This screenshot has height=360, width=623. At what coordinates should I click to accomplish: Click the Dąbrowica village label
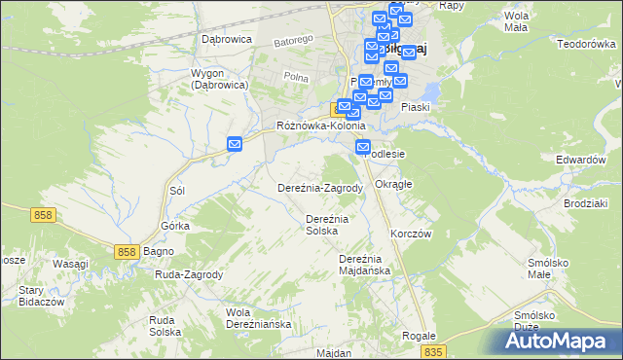point(227,39)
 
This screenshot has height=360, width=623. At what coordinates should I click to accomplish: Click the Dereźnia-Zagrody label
point(320,188)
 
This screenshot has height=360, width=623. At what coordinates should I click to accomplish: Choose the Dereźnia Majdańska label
point(364,265)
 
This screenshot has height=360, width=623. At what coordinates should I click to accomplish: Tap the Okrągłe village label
point(394,183)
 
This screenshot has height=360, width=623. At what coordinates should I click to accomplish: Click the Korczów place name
point(411,234)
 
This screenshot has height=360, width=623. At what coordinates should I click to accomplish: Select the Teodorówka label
point(588,44)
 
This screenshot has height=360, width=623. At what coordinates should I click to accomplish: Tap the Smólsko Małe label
point(553,269)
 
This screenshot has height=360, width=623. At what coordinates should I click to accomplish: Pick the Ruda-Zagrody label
point(189,274)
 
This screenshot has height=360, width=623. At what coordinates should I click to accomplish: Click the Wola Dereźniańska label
point(258,318)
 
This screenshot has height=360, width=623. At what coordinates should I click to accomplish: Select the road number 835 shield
point(435,350)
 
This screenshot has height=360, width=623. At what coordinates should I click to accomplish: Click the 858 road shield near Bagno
point(126,251)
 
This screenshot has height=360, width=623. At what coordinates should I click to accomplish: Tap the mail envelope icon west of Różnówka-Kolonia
point(235,144)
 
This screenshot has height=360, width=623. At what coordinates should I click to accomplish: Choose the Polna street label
point(295,77)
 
